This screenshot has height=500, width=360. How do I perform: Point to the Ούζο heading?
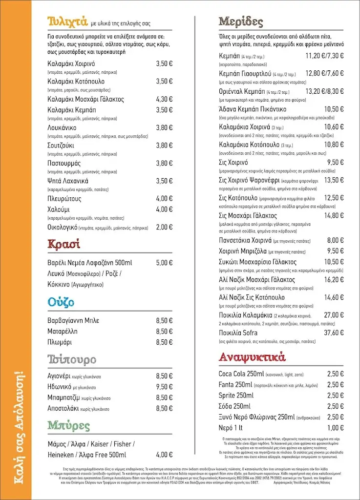(x=61, y=302)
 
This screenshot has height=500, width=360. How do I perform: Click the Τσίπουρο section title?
(x=72, y=360)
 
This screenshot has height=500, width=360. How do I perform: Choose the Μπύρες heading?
(x=69, y=425)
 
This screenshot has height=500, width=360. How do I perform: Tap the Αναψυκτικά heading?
(x=252, y=356)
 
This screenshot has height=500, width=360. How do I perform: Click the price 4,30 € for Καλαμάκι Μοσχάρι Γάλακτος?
(x=164, y=99)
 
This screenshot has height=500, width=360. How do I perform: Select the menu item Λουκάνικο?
(x=65, y=127)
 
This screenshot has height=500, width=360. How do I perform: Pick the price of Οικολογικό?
(x=164, y=227)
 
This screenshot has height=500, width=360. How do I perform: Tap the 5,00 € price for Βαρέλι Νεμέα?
(x=164, y=263)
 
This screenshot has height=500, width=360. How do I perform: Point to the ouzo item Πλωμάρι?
(x=61, y=342)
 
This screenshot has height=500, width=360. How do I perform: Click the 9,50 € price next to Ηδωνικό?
(x=164, y=386)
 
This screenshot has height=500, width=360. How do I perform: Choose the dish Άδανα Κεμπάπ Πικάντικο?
(x=253, y=109)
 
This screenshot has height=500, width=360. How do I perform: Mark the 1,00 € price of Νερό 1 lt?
(x=336, y=428)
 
